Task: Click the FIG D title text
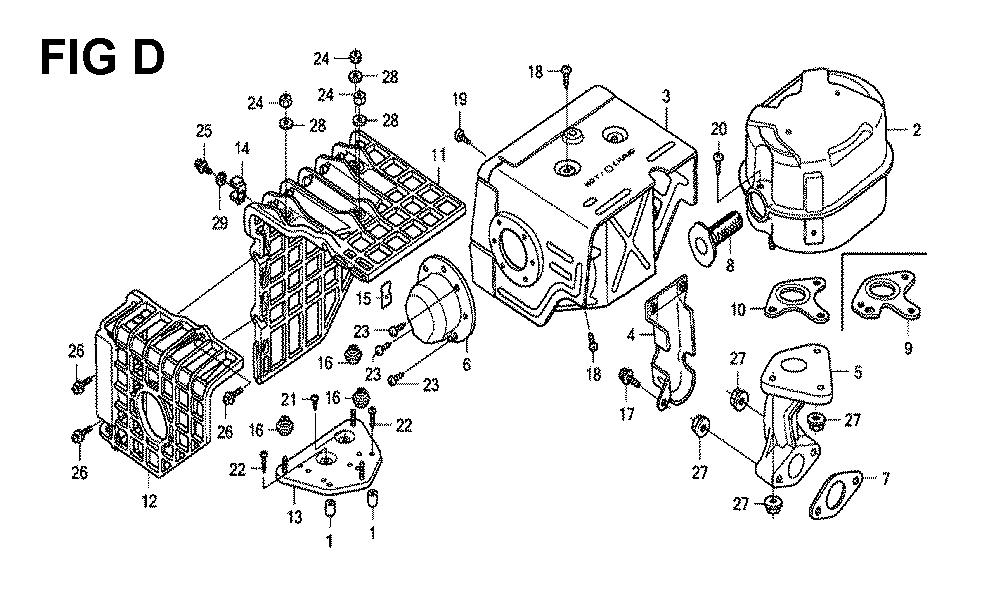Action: coord(102,58)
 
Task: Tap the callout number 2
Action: coord(915,129)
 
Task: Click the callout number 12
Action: coord(149,501)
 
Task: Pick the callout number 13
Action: coord(295,515)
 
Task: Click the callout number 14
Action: coord(242,149)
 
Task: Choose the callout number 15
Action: coord(364,297)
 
